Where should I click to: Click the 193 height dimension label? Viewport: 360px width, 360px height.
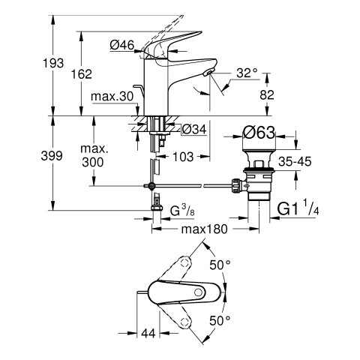53,63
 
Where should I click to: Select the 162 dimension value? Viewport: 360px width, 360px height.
82,74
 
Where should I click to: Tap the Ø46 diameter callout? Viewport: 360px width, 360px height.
122,45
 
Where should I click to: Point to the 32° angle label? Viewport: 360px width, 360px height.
247,73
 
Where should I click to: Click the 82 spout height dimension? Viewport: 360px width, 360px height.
267,95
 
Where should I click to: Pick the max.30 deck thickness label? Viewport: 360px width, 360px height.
112,97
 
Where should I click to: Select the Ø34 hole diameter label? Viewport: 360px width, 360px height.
194,130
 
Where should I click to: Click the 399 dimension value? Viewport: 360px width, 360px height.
52,156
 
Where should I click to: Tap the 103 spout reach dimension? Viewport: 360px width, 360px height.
183,157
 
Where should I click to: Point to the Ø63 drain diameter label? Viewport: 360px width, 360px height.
259,132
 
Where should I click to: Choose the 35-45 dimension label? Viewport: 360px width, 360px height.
295,161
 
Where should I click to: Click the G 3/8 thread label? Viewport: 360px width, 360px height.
182,210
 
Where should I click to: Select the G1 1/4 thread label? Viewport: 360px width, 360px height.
298,208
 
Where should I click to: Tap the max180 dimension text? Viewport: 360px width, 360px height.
205,229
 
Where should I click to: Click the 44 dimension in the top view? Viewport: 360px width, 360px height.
148,333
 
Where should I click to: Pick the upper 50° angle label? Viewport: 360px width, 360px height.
220,265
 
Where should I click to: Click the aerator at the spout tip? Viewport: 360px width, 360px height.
208,73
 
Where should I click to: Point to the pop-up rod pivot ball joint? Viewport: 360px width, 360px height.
151,185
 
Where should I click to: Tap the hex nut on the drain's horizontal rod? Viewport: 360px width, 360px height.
236,185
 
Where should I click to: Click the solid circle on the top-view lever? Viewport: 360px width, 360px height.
199,292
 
